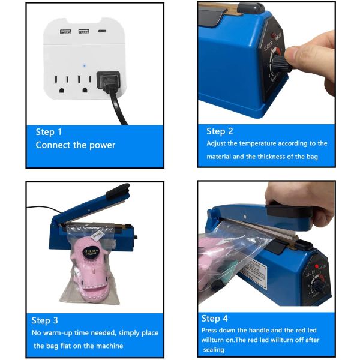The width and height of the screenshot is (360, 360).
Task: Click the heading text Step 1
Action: click(49, 132)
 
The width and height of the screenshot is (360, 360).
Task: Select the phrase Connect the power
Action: click(75, 145)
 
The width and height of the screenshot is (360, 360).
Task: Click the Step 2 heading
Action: click(220, 131)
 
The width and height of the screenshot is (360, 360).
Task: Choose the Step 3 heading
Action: click(45, 320)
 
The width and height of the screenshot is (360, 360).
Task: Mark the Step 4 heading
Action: click(215, 319)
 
